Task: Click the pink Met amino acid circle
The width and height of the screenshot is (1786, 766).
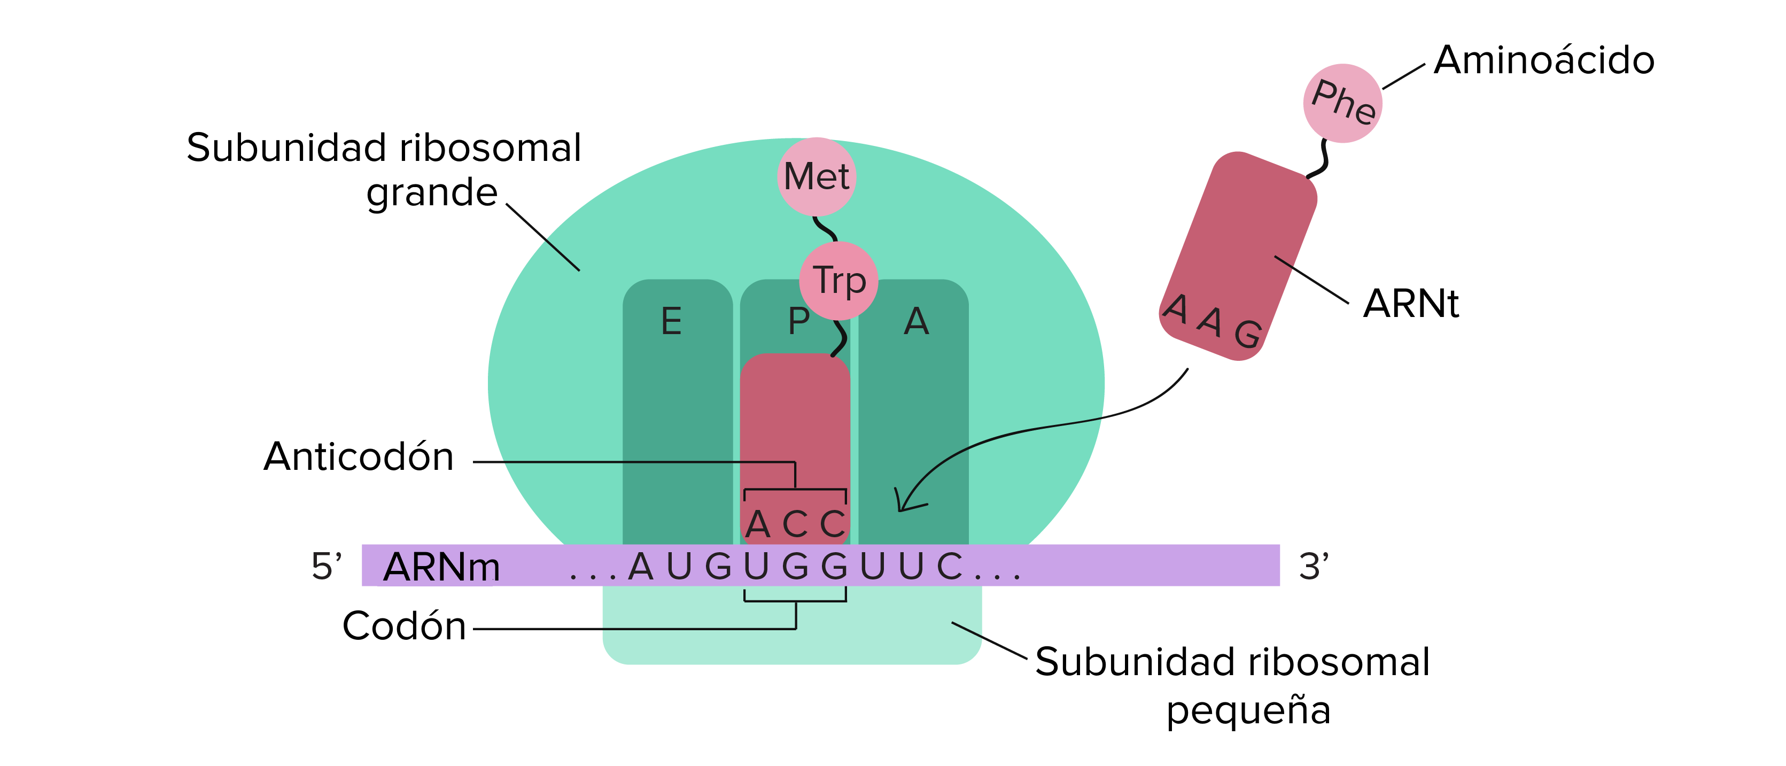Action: (817, 177)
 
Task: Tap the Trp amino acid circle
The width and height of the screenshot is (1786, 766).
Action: (839, 281)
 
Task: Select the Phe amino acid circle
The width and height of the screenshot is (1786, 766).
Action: (1343, 103)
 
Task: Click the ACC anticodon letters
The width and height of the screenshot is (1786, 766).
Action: (795, 524)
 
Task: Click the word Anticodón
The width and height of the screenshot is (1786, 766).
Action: (359, 457)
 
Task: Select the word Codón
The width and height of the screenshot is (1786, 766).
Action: (404, 626)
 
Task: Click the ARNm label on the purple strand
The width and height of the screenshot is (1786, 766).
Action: (441, 567)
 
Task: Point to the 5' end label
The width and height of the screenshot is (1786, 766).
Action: (326, 567)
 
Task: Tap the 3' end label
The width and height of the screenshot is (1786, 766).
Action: (1313, 567)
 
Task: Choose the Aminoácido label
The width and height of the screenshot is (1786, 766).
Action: (1544, 60)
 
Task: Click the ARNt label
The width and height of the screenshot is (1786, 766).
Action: (1410, 304)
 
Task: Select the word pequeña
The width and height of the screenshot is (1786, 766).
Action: (1248, 710)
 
